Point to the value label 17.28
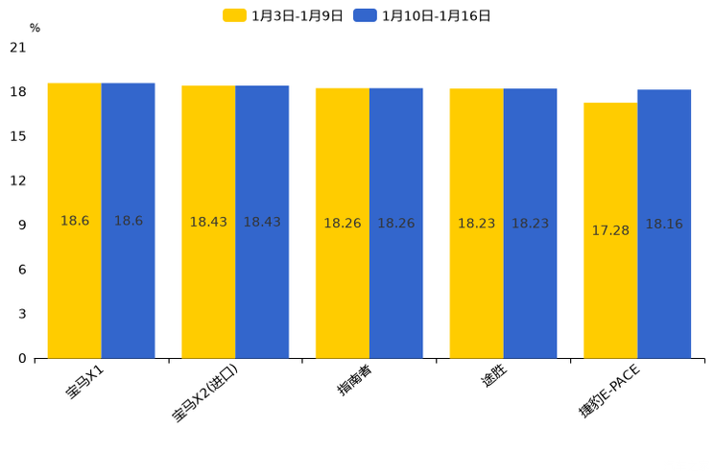point(610,230)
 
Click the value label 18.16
point(664,224)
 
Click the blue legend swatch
point(365,15)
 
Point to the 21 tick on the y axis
point(18,47)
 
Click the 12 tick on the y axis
point(18,180)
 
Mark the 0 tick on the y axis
point(22,358)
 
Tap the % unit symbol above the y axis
point(35,28)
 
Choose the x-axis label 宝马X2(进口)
point(205,393)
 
